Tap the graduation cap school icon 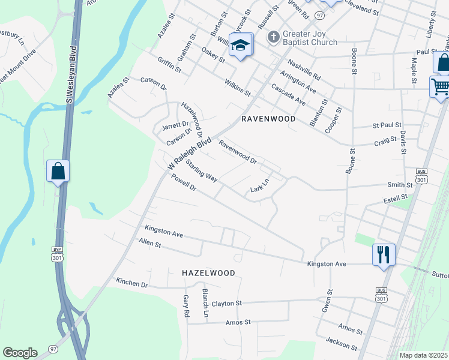(x=241, y=45)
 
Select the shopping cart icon (x=439, y=87)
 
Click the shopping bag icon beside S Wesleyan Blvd (x=58, y=171)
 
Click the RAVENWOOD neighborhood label (x=268, y=119)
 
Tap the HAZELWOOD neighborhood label (x=208, y=273)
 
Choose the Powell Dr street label (x=184, y=182)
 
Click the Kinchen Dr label (x=132, y=282)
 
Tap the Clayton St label (x=226, y=304)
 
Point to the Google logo (x=20, y=353)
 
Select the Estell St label (x=396, y=197)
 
